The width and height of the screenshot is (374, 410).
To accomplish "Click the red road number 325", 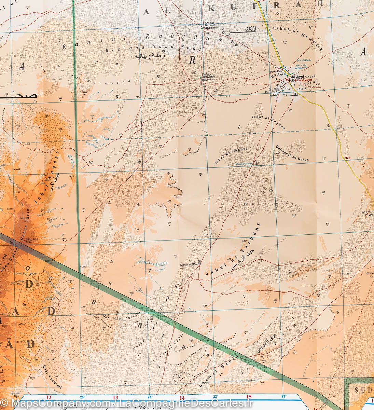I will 348,158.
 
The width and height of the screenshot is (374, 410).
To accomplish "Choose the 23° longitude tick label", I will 283,396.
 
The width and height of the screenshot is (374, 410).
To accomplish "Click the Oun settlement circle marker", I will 31,274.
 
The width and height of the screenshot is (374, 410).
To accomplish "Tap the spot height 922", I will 60,129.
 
